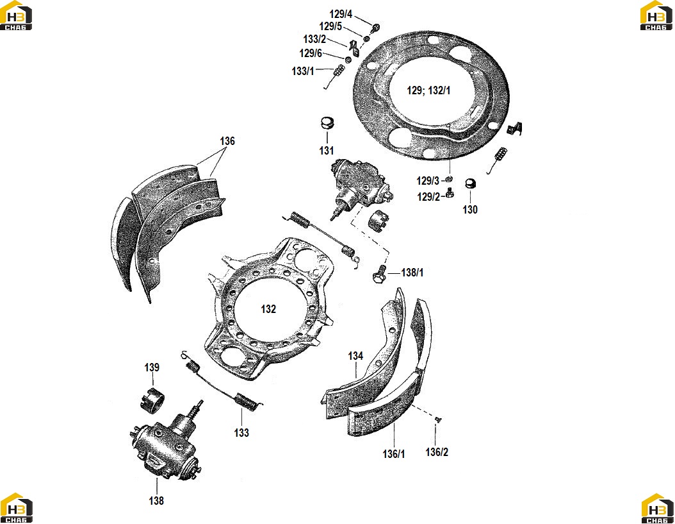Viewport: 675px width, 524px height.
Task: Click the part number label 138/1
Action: coord(412,273)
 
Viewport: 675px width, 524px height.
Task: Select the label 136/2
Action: coord(437,452)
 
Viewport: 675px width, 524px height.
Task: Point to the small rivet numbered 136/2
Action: coord(438,419)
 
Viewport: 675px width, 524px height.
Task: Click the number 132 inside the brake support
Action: coord(268,308)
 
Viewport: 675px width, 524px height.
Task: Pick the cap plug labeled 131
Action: coord(328,123)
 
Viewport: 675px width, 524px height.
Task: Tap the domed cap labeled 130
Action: coord(471,183)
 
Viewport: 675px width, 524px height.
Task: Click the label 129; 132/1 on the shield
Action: coord(428,90)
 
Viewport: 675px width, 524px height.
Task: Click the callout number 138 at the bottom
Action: coord(156,501)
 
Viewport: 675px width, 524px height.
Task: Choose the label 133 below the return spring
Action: coord(241,432)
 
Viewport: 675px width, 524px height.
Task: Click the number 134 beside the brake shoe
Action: coord(355,356)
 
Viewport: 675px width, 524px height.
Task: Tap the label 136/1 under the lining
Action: coord(394,453)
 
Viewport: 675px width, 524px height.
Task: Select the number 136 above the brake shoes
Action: coord(227,141)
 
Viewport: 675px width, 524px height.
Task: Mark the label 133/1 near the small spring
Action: coord(303,71)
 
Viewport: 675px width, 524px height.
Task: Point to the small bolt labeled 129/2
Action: coord(450,192)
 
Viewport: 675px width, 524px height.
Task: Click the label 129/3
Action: coord(428,181)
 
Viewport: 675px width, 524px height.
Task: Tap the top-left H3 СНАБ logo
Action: coord(16,15)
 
